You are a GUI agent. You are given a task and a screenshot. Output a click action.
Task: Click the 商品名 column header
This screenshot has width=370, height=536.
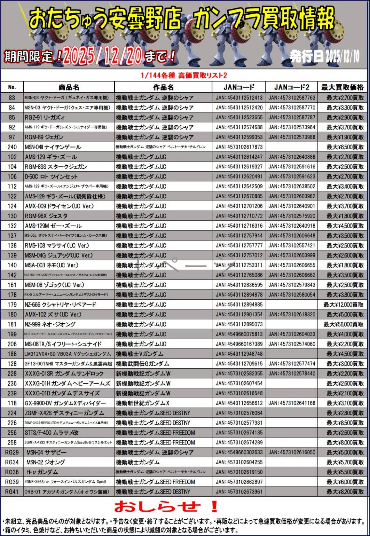point(69,87)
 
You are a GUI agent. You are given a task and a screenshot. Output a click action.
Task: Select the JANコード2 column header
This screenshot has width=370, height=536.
point(291,87)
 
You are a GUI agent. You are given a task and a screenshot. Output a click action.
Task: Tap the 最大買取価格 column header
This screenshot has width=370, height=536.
point(342,87)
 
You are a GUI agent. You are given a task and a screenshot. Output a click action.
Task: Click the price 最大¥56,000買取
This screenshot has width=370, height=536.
point(344,324)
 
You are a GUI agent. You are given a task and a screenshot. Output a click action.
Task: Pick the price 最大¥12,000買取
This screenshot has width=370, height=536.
point(344,305)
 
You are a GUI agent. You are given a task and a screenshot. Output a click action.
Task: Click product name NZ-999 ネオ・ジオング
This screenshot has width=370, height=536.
point(55,324)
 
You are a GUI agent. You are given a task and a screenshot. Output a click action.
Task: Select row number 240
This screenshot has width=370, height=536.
point(12,147)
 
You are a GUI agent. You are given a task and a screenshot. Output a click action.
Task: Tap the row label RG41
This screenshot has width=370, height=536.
point(12,492)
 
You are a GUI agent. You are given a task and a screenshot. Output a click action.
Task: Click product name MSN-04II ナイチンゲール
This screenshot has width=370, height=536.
point(53,147)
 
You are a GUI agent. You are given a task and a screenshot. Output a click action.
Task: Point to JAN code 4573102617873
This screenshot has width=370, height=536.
point(239,147)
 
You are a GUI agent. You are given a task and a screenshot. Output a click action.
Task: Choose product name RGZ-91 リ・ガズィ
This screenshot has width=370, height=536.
point(45,117)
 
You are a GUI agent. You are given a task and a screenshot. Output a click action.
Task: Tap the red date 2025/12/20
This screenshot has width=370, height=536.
point(103,55)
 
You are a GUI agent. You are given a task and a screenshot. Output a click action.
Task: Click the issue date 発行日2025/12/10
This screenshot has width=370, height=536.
point(324,56)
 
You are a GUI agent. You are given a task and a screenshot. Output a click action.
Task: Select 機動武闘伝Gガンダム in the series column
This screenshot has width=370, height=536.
point(142,364)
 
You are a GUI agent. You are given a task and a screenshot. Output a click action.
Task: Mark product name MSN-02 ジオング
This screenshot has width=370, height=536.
point(46,462)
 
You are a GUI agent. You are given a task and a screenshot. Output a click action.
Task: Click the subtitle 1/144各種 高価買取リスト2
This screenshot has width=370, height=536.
point(184,75)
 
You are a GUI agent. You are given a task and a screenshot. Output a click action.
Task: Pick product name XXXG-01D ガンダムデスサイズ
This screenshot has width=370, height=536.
point(62,393)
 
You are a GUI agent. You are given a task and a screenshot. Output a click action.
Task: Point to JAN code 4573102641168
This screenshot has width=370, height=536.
point(292,403)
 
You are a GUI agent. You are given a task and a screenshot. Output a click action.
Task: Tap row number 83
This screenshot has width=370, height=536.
point(12,98)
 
